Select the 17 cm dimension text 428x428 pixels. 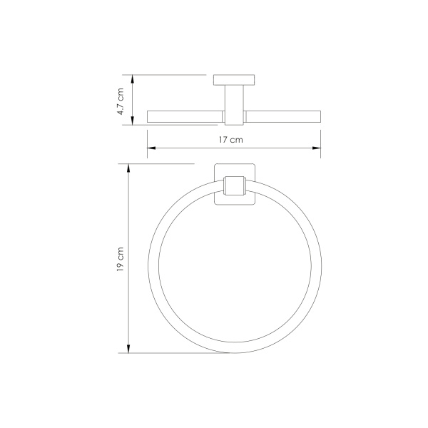click(232, 140)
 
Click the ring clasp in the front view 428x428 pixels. click(233, 187)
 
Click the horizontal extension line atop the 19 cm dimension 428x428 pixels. click(160, 163)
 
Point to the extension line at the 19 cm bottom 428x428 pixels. click(171, 352)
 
